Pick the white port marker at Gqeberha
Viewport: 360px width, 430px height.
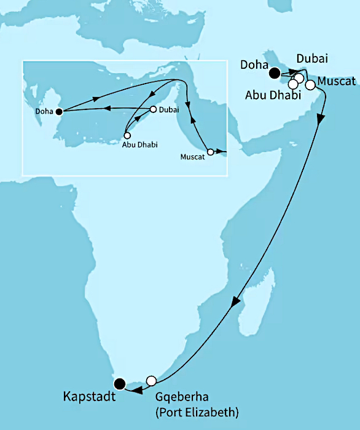coord(151,380)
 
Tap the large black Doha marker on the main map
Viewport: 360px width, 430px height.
coord(274,74)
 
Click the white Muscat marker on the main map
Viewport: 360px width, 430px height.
coord(310,84)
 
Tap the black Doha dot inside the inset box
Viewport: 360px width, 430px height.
coord(58,112)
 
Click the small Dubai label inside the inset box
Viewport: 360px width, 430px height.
coord(168,109)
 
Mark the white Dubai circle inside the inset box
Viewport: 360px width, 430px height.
coord(153,110)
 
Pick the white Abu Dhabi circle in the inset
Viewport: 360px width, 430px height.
coord(127,136)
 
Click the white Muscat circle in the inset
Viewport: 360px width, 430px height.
coord(210,151)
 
